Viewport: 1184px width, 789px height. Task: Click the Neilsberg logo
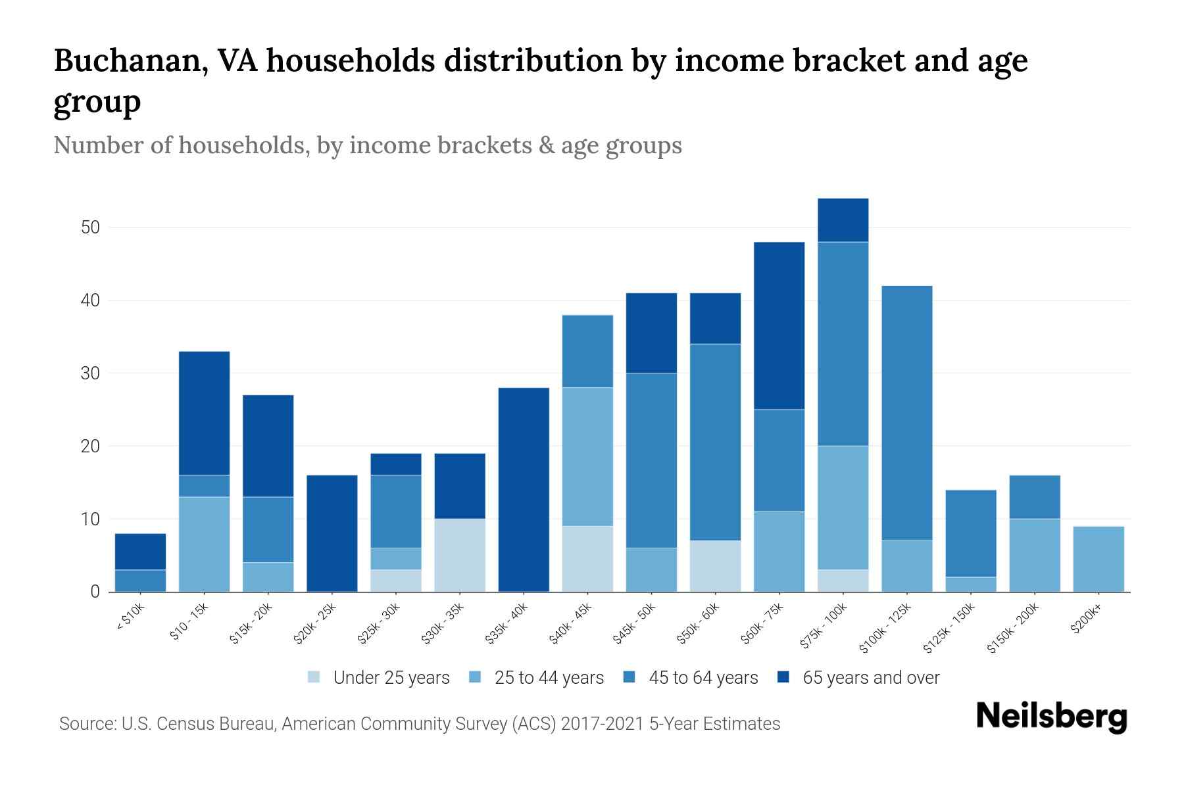(1051, 717)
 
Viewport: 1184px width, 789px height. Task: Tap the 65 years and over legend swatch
(783, 677)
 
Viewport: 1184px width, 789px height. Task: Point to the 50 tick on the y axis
(90, 227)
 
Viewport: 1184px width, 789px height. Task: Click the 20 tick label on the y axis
(90, 446)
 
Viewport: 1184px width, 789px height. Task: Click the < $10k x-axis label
(131, 617)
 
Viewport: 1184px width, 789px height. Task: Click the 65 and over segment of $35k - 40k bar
(524, 490)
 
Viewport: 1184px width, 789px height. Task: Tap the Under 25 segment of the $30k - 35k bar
(460, 556)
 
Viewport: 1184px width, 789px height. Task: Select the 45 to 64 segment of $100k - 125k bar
(907, 413)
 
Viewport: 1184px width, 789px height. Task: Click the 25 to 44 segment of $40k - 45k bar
(587, 457)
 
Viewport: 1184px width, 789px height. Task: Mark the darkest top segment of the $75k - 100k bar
(843, 220)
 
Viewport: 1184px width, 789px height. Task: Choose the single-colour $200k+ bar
(1098, 559)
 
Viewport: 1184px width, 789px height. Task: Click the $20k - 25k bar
(332, 533)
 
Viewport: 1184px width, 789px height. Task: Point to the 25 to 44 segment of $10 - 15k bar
(204, 544)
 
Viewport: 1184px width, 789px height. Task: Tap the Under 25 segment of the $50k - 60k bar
(715, 566)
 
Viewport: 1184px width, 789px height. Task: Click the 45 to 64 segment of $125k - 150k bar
(971, 533)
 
